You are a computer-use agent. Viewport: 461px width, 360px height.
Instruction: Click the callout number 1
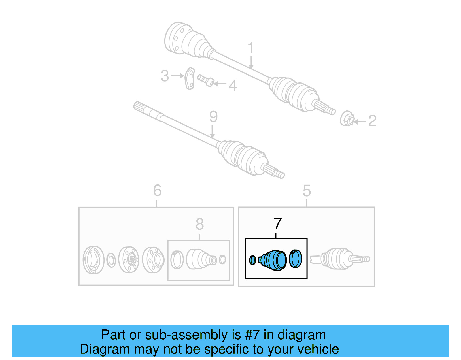click(251, 48)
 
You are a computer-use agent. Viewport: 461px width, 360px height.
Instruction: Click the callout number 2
click(372, 121)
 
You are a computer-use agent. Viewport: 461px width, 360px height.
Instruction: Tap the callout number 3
click(165, 76)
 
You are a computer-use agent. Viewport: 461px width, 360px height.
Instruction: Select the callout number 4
click(233, 86)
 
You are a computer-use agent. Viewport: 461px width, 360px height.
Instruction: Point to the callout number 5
click(307, 191)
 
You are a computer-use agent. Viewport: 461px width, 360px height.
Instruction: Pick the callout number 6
click(157, 191)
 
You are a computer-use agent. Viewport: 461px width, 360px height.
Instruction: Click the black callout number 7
click(277, 224)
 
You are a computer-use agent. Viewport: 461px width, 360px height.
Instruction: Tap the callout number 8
click(199, 224)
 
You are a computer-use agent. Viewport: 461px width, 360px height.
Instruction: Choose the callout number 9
click(213, 117)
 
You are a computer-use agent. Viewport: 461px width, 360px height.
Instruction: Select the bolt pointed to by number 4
click(205, 80)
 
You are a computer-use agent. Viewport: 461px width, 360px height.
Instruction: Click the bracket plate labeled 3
click(190, 78)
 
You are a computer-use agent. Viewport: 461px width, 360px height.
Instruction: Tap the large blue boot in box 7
click(273, 260)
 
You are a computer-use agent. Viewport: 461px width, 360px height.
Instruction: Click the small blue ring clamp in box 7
click(252, 260)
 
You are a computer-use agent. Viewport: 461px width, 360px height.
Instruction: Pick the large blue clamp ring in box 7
click(295, 259)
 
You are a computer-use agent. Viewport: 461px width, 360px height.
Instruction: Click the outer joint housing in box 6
click(93, 260)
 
